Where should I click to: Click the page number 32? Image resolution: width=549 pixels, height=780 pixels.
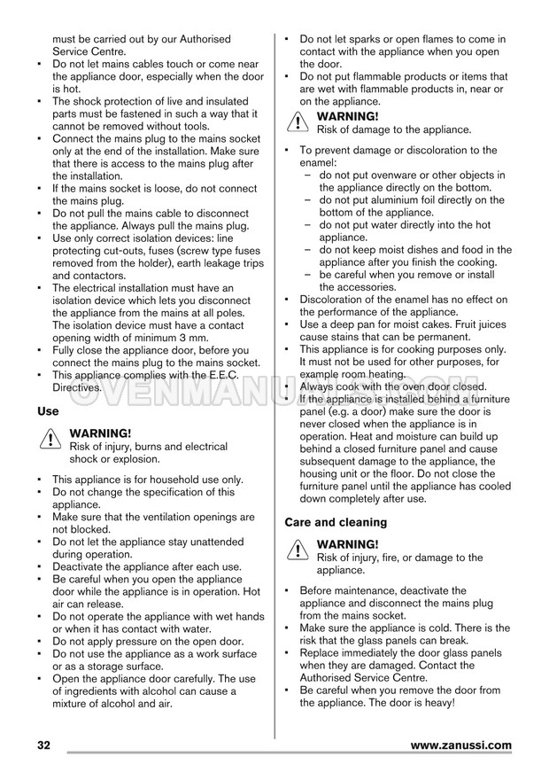(44, 745)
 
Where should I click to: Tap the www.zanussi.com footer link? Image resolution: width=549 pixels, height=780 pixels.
(461, 745)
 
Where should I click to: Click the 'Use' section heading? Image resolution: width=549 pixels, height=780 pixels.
(49, 411)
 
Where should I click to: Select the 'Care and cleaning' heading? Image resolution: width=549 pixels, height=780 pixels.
(336, 522)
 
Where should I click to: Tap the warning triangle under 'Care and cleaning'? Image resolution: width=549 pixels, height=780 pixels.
(297, 551)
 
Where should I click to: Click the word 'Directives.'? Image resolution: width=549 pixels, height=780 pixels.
(77, 387)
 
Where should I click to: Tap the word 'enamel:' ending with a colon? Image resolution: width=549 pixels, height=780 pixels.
(319, 163)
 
